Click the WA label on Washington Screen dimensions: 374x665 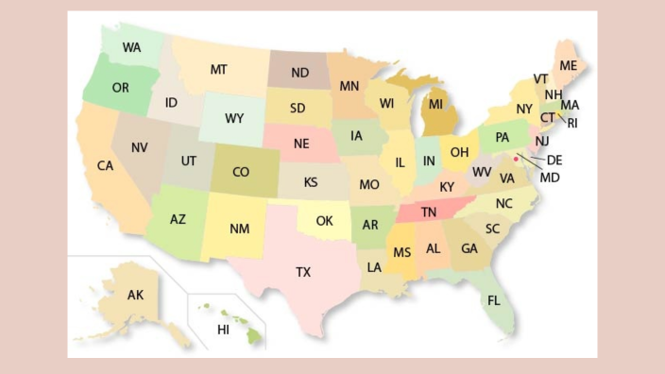pyautogui.click(x=131, y=45)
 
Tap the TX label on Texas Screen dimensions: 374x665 pyautogui.click(x=302, y=272)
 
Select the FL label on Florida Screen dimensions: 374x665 pyautogui.click(x=493, y=300)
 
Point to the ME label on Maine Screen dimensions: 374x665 pyautogui.click(x=568, y=65)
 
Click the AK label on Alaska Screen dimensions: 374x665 pyautogui.click(x=135, y=296)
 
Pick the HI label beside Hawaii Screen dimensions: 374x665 pyautogui.click(x=223, y=330)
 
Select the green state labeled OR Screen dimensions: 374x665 pyautogui.click(x=120, y=87)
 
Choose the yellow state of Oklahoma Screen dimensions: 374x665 pyautogui.click(x=324, y=221)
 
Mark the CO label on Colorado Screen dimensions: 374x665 pyautogui.click(x=240, y=172)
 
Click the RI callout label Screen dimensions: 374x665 pyautogui.click(x=572, y=123)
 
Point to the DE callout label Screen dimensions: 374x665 pyautogui.click(x=554, y=160)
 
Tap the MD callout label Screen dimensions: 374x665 pyautogui.click(x=550, y=177)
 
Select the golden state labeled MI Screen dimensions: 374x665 pyautogui.click(x=435, y=104)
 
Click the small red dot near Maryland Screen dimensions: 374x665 pyautogui.click(x=517, y=160)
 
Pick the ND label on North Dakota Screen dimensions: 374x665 pyautogui.click(x=299, y=73)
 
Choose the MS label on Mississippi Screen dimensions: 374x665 pyautogui.click(x=402, y=252)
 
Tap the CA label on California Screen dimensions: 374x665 pyautogui.click(x=105, y=165)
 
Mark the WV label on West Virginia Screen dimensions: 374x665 pyautogui.click(x=482, y=172)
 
